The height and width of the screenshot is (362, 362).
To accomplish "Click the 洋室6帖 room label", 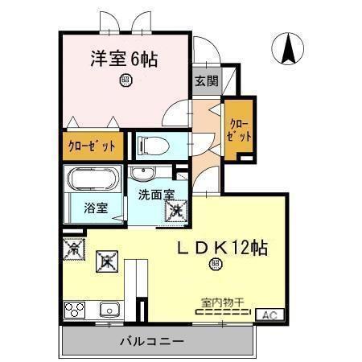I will (x=122, y=59).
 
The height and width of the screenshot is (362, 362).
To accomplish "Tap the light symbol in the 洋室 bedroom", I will (x=125, y=79).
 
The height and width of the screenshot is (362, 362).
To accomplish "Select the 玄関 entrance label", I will (x=206, y=80).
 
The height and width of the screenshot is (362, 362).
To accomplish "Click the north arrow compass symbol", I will (x=287, y=50).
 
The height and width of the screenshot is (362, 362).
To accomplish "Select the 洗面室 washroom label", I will (x=155, y=194).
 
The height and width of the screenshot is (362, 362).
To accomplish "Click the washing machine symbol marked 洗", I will (x=175, y=212).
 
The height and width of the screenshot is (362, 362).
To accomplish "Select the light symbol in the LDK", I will (x=215, y=264).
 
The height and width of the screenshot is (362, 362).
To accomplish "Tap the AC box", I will (x=269, y=315).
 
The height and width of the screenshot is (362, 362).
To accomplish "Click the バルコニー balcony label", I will (x=152, y=341).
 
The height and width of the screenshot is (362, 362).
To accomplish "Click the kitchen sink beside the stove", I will (x=109, y=309).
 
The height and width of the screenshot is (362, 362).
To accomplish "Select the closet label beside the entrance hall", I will (x=239, y=130).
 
